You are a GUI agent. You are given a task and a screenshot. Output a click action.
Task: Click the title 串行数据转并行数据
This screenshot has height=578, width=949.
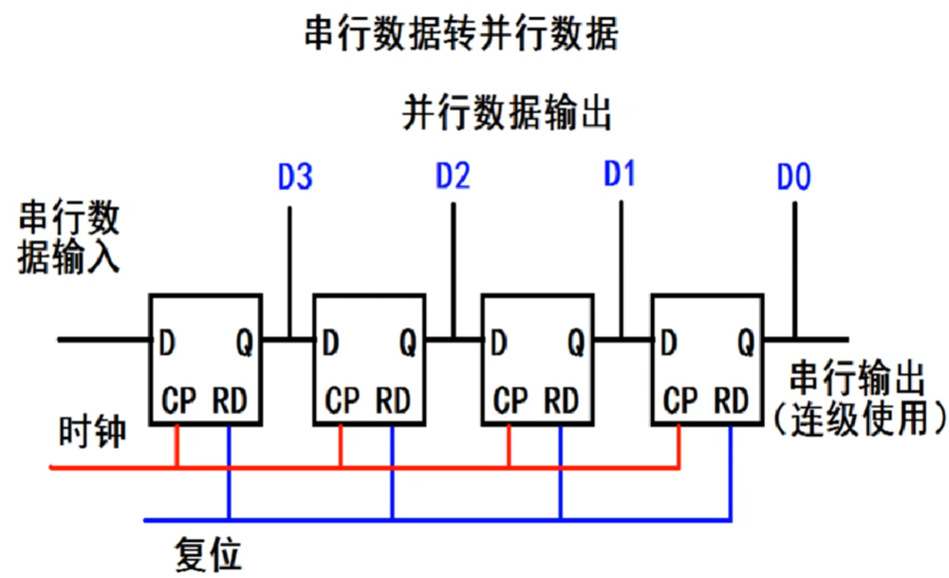[460, 36]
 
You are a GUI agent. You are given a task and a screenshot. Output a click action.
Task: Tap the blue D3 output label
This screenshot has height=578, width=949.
[295, 177]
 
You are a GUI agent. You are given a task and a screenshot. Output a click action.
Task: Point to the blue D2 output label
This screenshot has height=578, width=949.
[453, 177]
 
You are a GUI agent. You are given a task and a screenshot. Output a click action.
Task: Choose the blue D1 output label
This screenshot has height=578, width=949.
[620, 175]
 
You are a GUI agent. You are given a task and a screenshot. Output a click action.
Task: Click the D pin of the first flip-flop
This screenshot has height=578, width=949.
[166, 340]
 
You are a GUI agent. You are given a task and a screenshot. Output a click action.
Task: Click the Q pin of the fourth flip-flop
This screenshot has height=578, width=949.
[746, 340]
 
